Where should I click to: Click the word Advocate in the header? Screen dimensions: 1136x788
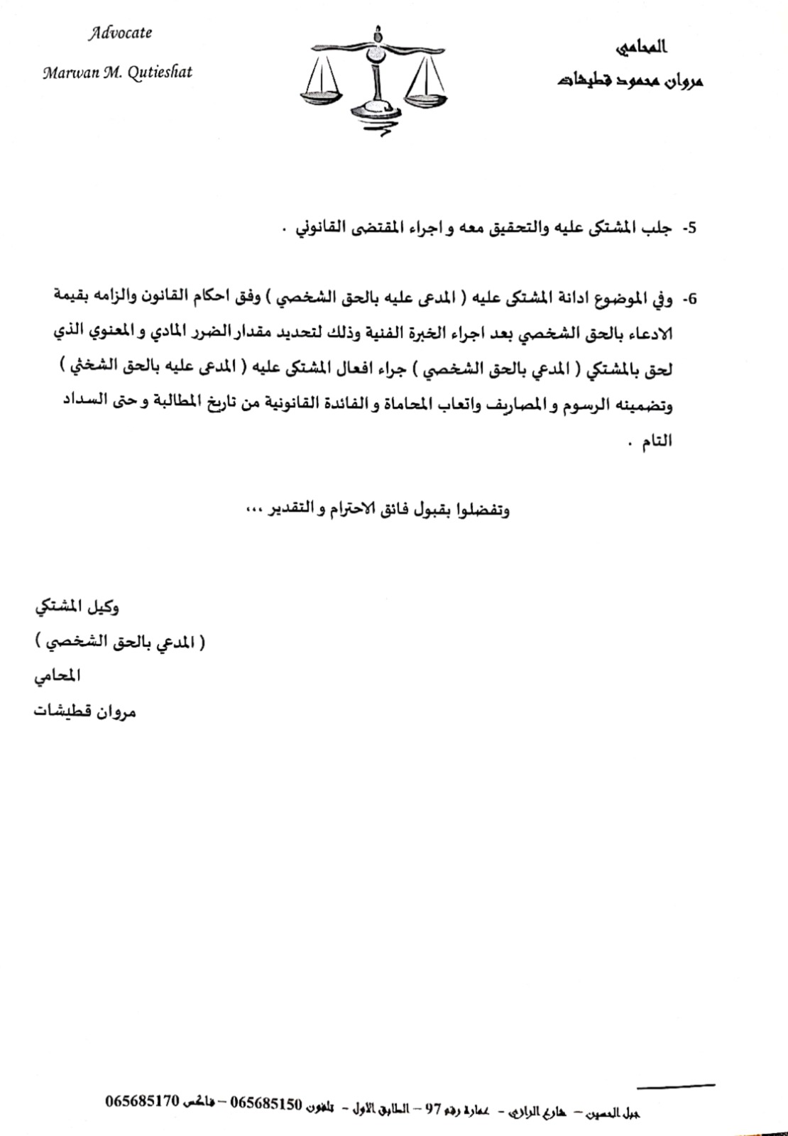point(120,33)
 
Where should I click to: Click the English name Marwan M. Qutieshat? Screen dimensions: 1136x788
point(117,72)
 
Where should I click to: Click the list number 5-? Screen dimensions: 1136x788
point(689,229)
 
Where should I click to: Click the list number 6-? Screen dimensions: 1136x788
point(689,299)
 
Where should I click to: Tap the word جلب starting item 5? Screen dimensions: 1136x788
point(663,228)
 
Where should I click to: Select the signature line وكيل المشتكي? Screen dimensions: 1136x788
point(77,608)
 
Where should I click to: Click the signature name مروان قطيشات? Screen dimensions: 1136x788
point(84,711)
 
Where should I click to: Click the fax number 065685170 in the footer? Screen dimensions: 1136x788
point(141,1102)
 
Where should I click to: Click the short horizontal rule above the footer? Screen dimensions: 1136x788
point(676,1086)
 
